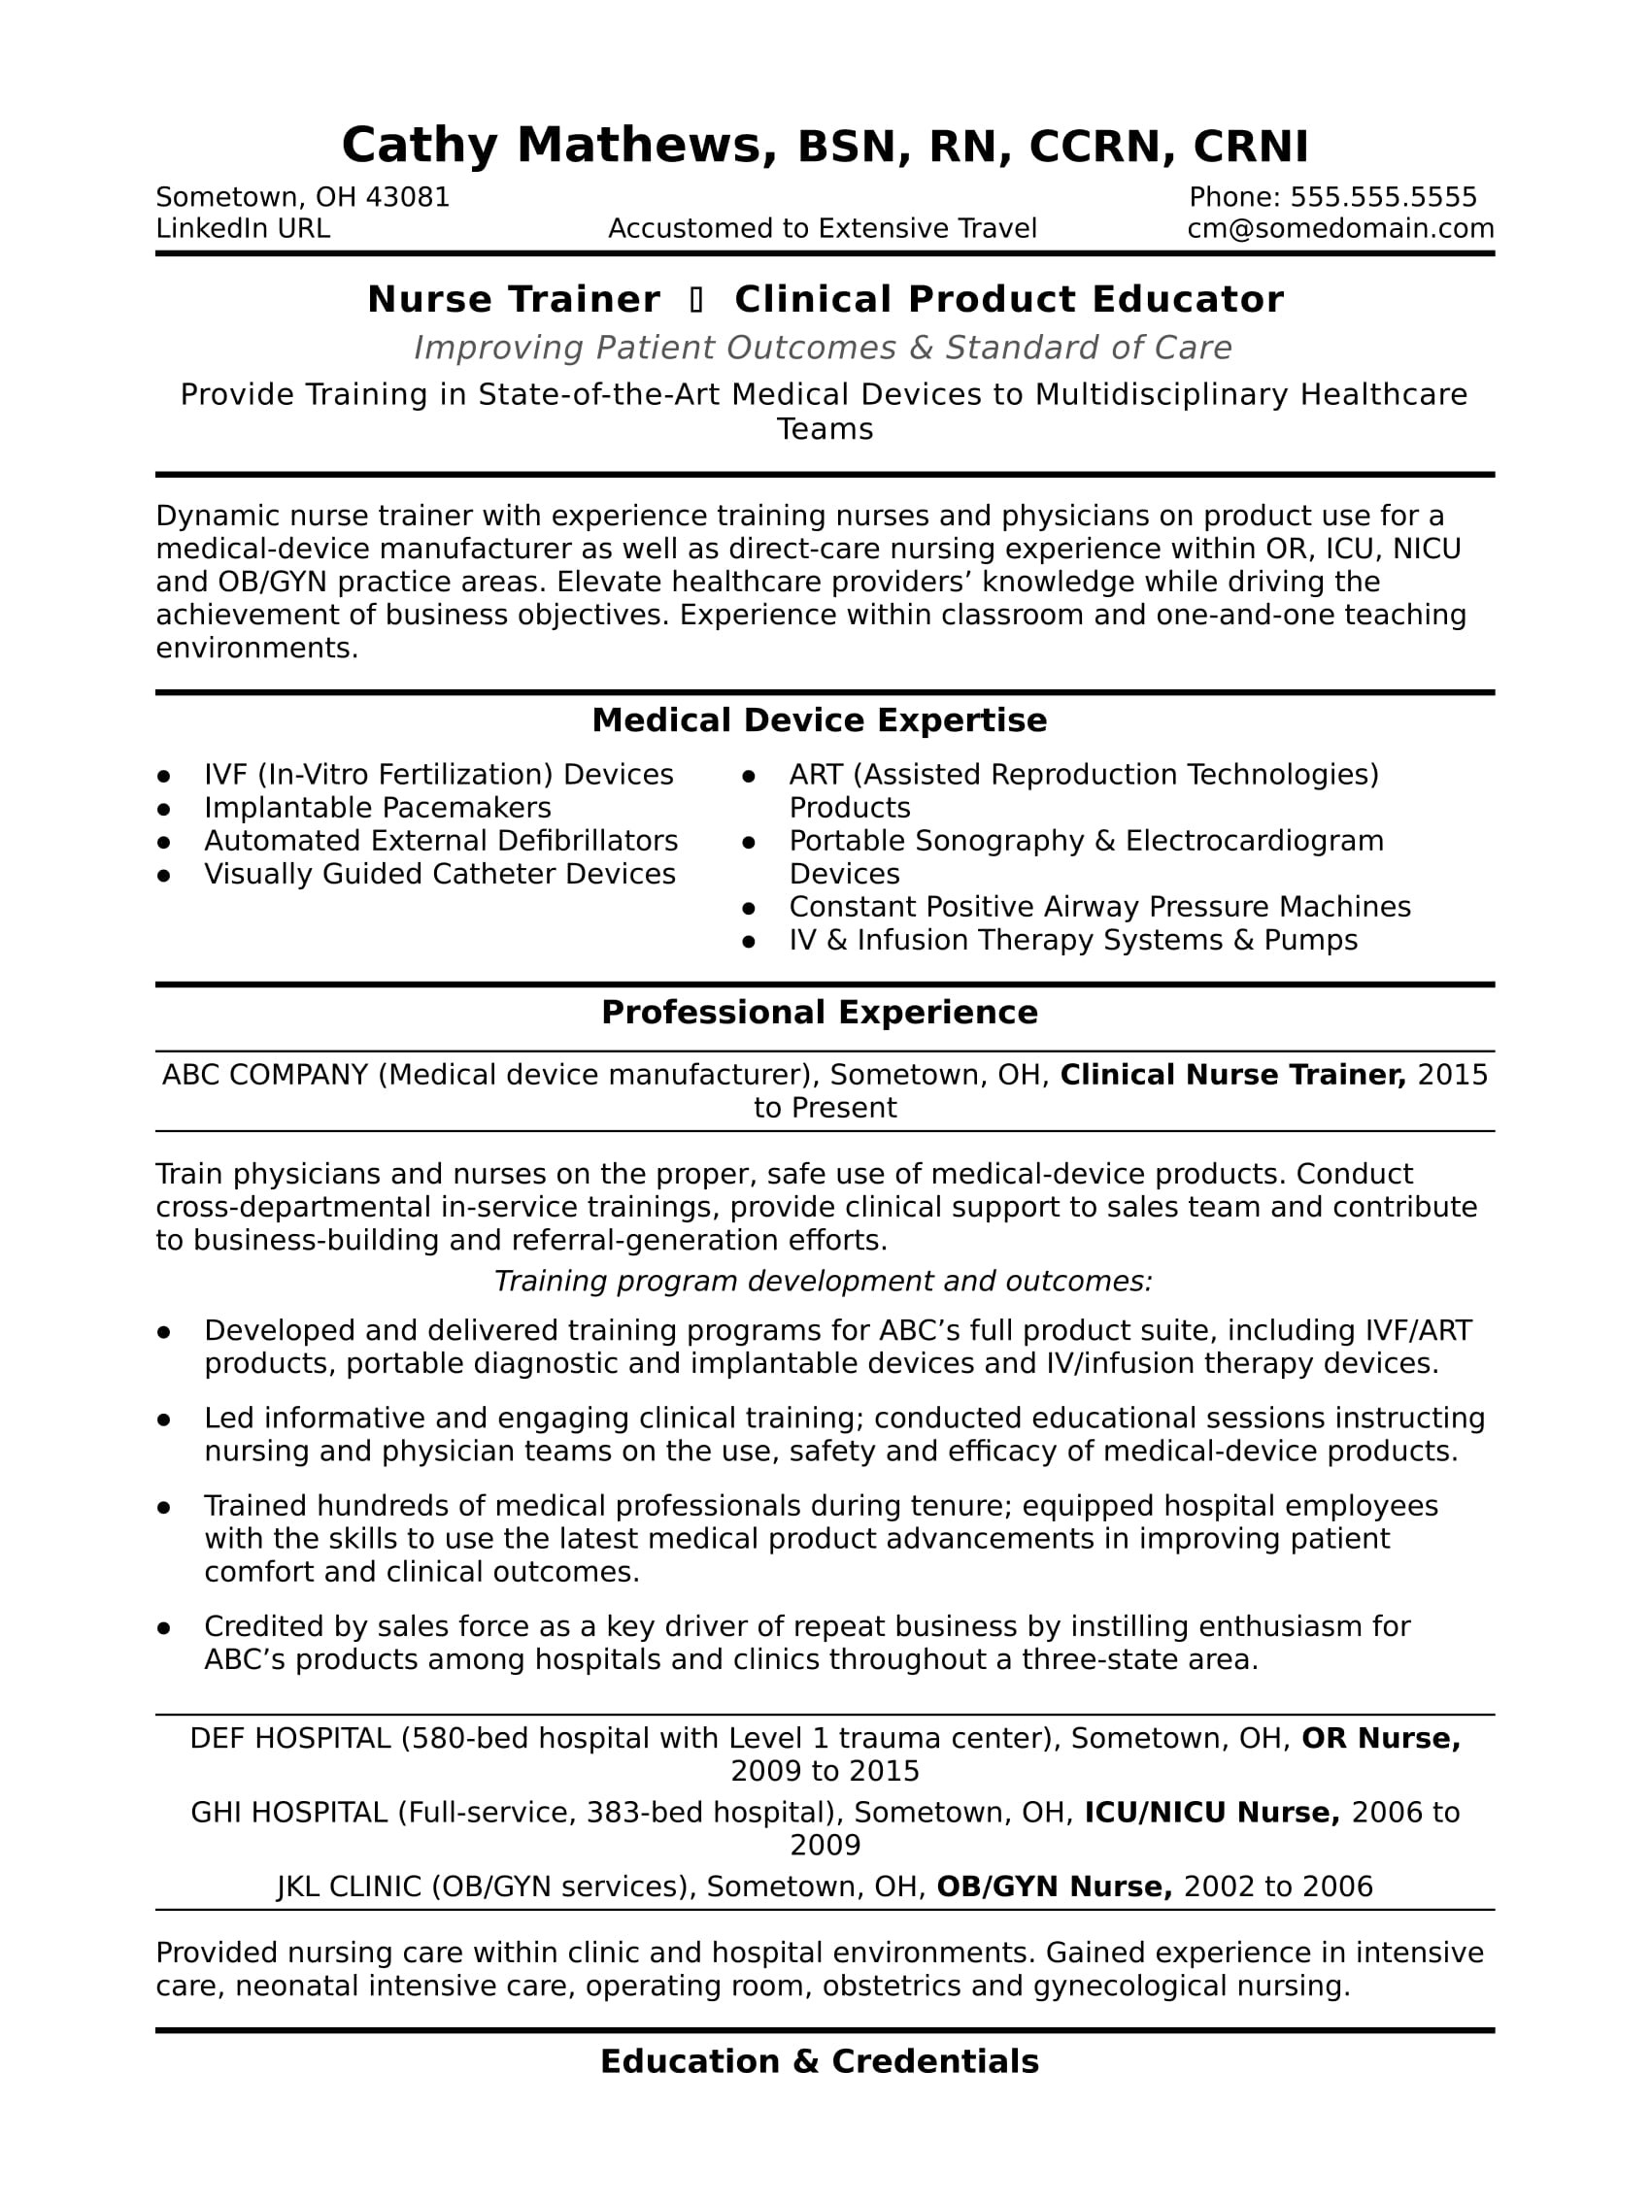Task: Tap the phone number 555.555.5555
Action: coord(1383,197)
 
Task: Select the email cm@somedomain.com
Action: coord(1340,229)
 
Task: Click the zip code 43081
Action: coord(408,197)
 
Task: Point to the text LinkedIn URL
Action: coord(243,229)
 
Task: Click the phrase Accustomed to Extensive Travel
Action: coord(822,229)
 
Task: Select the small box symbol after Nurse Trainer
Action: coord(696,300)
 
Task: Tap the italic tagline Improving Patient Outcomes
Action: coord(822,348)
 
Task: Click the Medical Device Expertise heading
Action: coord(819,720)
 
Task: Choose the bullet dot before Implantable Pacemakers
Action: coord(164,809)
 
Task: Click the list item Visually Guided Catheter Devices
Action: coord(439,875)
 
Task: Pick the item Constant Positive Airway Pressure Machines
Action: coord(1099,908)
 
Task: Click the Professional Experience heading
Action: coord(819,1014)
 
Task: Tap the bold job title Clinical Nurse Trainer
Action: coord(1232,1075)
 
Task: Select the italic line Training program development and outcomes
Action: coord(823,1282)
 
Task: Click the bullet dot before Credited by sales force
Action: coord(164,1628)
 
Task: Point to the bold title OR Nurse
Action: coord(1381,1739)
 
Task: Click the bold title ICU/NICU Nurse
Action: coord(1212,1813)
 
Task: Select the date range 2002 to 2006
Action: coord(1278,1887)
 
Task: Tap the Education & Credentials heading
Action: coord(819,2062)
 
